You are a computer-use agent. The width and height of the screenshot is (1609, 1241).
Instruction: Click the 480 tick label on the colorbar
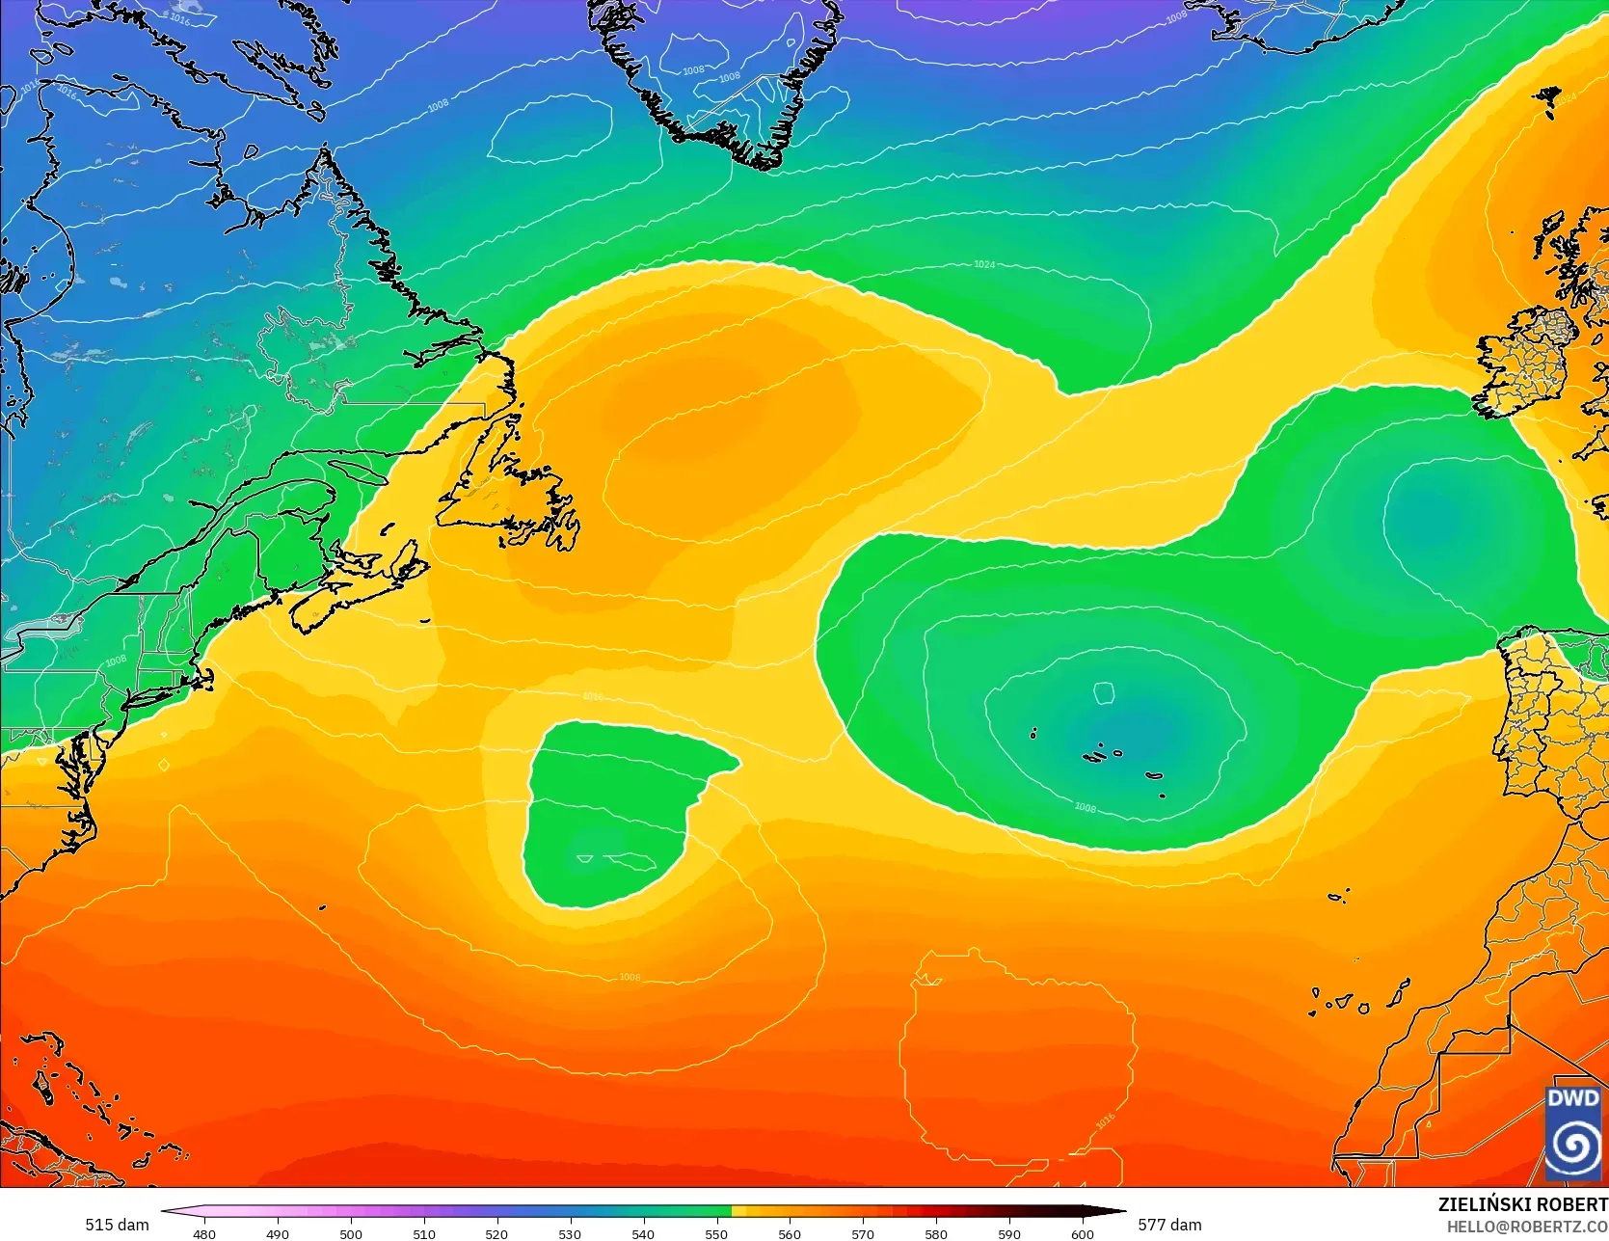[204, 1233]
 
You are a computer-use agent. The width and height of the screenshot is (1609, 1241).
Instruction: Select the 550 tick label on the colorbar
[716, 1233]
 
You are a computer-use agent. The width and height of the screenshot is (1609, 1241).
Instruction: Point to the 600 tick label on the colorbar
[1083, 1233]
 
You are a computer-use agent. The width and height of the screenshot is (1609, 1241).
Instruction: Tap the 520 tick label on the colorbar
[496, 1233]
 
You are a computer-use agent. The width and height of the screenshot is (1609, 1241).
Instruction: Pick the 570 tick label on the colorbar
[863, 1233]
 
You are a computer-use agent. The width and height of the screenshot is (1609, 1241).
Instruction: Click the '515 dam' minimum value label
[117, 1225]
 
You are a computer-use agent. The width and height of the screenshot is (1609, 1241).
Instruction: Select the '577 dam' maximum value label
[1169, 1225]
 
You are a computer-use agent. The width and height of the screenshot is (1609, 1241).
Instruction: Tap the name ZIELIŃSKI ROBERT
[1522, 1204]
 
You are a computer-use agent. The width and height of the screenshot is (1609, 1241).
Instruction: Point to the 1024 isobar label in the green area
[984, 264]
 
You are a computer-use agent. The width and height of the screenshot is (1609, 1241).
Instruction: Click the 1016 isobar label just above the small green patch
[593, 696]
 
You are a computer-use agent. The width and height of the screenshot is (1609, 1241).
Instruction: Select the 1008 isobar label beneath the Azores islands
[1085, 807]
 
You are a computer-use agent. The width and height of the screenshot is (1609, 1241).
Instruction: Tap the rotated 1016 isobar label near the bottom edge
[1105, 1122]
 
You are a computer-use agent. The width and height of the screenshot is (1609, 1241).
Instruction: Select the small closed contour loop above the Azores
[1105, 690]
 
